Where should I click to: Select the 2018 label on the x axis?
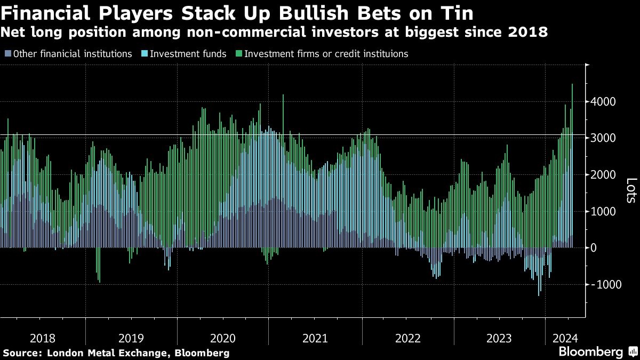(x=43, y=338)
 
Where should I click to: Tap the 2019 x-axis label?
(x=131, y=338)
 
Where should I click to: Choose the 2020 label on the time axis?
(x=223, y=338)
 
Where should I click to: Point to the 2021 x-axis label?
(x=316, y=338)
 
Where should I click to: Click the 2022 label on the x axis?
(x=408, y=338)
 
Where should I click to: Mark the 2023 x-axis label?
(x=500, y=338)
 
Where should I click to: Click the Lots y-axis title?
(x=630, y=190)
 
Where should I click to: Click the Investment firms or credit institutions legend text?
(x=326, y=54)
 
